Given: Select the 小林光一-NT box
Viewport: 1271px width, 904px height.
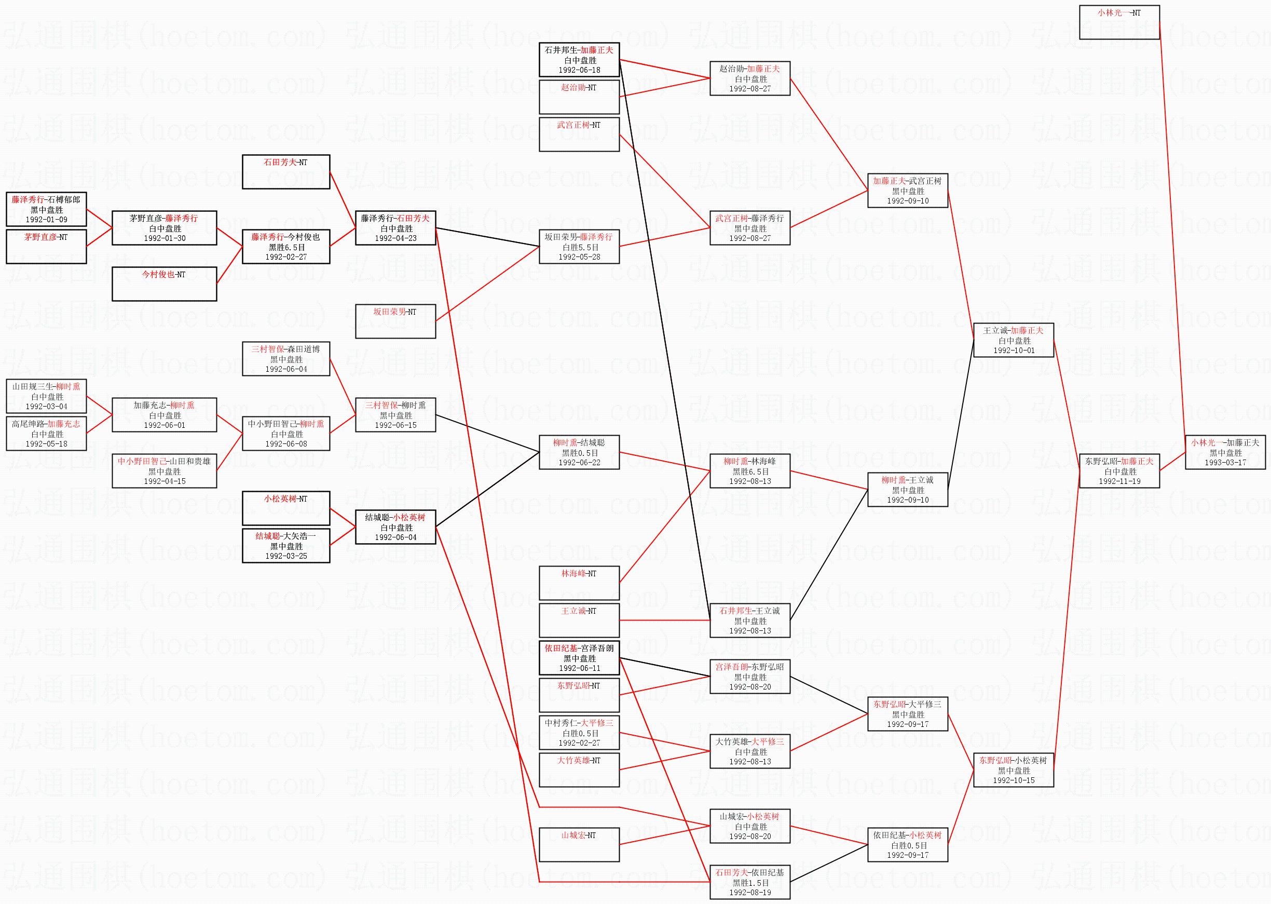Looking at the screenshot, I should click(1119, 22).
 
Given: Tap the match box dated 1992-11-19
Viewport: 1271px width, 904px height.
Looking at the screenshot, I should click(1119, 471).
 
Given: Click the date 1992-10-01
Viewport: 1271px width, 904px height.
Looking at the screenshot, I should click(1014, 350).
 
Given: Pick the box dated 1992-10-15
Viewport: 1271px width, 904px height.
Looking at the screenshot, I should click(1014, 771).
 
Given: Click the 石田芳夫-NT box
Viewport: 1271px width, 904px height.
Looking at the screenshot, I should click(286, 172).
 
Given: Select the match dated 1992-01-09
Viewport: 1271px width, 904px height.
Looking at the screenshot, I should click(46, 209).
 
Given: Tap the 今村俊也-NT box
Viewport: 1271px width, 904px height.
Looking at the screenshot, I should click(164, 284).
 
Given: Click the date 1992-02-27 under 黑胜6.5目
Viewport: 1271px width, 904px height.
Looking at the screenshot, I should click(286, 257).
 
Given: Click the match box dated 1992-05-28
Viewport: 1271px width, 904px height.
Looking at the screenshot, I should click(579, 247).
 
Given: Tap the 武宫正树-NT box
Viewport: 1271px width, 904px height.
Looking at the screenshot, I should click(579, 134).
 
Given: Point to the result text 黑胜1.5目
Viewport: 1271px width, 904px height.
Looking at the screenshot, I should click(750, 883).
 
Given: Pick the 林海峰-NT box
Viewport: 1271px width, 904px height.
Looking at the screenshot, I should click(579, 583).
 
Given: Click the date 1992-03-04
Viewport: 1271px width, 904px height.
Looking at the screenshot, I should click(46, 407).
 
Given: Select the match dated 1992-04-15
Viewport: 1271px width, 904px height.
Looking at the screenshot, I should click(164, 471).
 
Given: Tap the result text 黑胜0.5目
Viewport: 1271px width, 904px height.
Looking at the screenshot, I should click(579, 453).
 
